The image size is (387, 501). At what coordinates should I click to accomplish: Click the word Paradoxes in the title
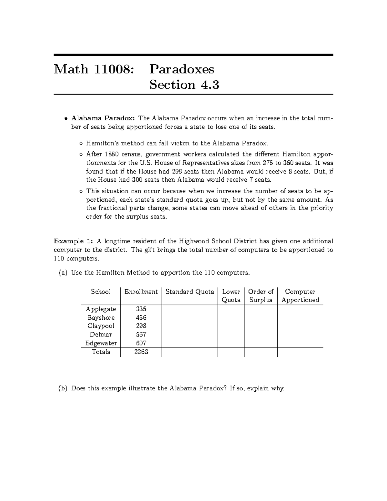[182, 69]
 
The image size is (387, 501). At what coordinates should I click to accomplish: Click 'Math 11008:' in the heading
[94, 69]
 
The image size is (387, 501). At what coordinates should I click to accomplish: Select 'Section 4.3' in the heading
[184, 85]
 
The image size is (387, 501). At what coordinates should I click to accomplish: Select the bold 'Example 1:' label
[74, 241]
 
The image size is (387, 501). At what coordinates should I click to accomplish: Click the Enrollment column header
[141, 292]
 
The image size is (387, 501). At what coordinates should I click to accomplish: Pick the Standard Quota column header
[190, 292]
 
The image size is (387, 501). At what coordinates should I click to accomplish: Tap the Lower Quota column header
[231, 296]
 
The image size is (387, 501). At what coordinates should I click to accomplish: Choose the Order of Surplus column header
[261, 296]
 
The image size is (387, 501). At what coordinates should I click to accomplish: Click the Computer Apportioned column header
[300, 296]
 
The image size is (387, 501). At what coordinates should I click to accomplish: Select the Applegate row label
[101, 309]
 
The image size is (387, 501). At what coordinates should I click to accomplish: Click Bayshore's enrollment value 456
[141, 318]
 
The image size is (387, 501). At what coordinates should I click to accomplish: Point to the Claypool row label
[101, 326]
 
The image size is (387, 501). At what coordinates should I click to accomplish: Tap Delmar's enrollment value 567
[141, 335]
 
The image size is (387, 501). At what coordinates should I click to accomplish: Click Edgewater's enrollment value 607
[141, 343]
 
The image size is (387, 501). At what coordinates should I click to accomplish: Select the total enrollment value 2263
[141, 352]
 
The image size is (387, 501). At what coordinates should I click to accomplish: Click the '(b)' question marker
[63, 388]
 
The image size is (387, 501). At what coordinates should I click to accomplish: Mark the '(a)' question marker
[63, 273]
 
